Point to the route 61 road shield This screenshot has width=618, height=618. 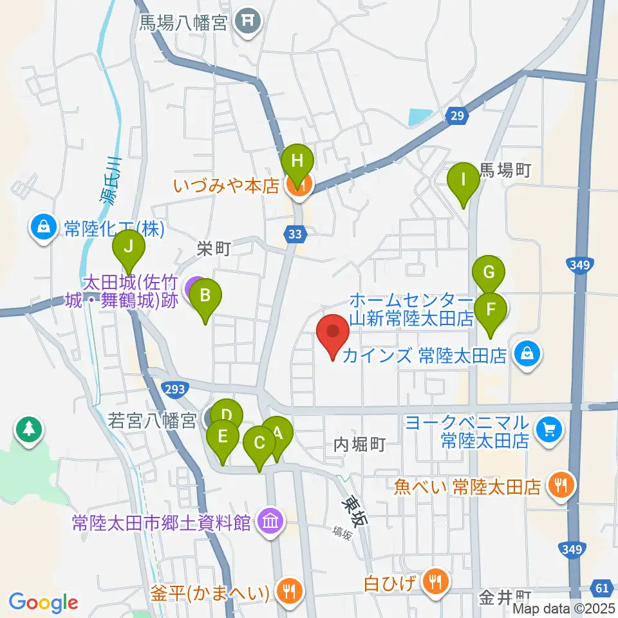(603, 587)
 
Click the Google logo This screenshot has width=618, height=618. (43, 603)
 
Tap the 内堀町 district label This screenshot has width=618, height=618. (360, 444)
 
